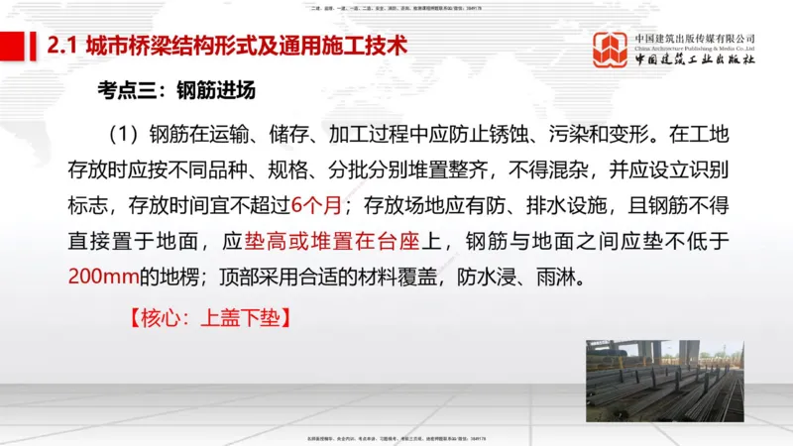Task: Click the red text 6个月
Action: click(x=317, y=205)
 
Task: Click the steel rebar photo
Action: click(x=663, y=381)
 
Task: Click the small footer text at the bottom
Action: click(x=396, y=438)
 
